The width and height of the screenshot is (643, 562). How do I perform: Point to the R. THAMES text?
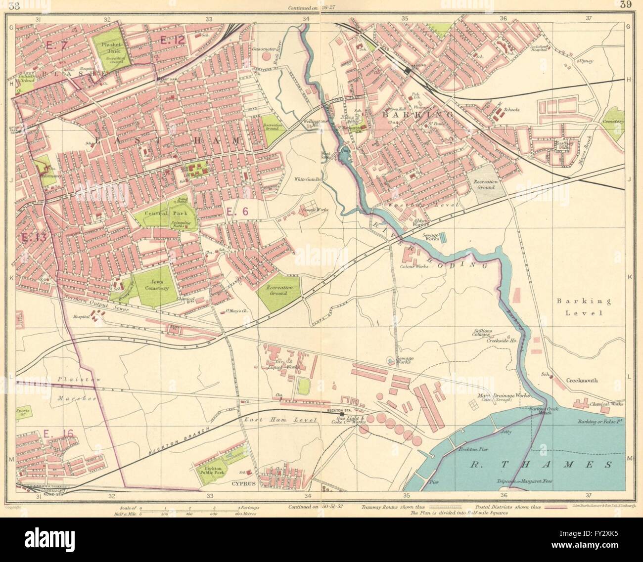(539, 465)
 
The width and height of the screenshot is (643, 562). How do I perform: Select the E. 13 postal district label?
(34, 237)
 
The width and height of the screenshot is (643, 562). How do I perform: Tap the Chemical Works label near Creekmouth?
(607, 404)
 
